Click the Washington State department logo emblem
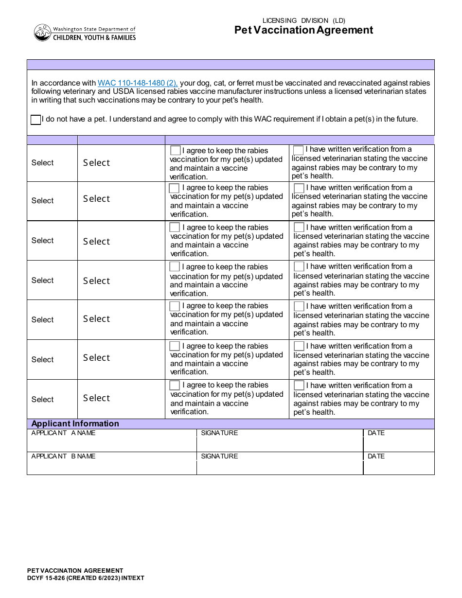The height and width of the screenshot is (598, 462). (x=43, y=33)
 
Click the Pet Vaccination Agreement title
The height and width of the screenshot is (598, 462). (x=303, y=30)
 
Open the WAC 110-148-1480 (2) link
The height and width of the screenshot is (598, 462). (x=138, y=83)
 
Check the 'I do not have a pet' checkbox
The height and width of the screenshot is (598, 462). (x=36, y=120)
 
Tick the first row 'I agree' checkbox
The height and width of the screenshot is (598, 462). (x=175, y=151)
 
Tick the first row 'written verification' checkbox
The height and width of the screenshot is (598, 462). (x=299, y=150)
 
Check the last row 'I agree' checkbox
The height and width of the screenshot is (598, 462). (x=175, y=386)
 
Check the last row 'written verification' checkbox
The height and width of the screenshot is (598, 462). (x=299, y=386)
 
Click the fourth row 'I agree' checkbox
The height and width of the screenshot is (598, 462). (x=175, y=267)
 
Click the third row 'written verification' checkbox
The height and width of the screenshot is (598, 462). (x=299, y=228)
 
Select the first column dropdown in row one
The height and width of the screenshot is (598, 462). (x=43, y=163)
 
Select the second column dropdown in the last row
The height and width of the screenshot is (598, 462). (x=97, y=398)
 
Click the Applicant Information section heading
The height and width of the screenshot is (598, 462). (x=75, y=423)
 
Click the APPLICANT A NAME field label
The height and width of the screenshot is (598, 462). (x=64, y=433)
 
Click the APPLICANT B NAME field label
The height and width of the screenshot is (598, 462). (x=64, y=456)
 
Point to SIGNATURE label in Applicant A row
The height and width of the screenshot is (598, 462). (x=219, y=433)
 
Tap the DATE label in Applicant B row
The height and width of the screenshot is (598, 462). (x=376, y=456)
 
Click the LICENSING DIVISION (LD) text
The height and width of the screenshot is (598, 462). (x=303, y=20)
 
